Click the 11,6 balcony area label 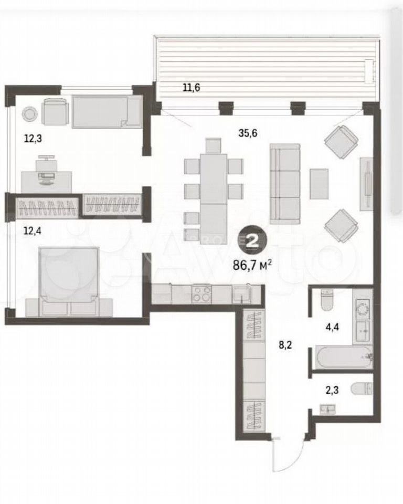pos(191,87)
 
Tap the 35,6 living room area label pos(248,133)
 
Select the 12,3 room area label pos(33,139)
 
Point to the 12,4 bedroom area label pos(33,230)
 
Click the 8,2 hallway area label pos(285,345)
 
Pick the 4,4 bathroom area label pos(332,327)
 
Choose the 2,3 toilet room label pos(332,391)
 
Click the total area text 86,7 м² pos(252,266)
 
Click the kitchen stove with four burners pos(201,294)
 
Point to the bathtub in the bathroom pos(343,357)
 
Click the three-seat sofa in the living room pos(285,184)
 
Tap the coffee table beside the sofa pos(319,184)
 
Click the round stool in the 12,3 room pos(29,113)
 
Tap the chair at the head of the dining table pos(214,145)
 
